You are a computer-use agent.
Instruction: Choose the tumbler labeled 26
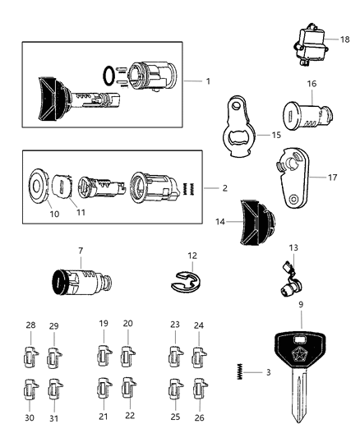197,388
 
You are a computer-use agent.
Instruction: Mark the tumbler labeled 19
104,357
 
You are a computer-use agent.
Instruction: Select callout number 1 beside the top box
208,81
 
